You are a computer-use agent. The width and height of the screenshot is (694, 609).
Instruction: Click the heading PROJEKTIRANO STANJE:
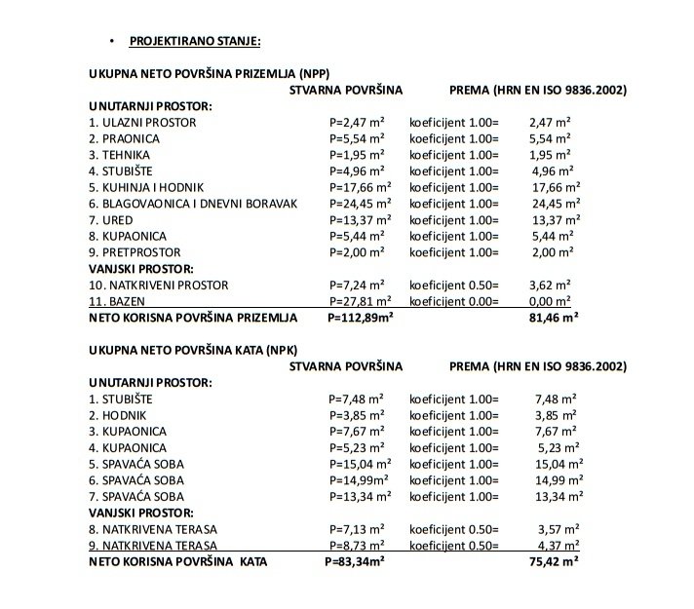point(195,41)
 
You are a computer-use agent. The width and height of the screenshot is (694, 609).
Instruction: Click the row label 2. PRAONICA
point(124,139)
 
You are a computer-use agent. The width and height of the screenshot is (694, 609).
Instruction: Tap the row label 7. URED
point(110,220)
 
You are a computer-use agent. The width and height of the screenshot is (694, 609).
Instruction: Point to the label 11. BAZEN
point(116,301)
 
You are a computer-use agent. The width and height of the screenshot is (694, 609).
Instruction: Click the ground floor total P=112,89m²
point(360,318)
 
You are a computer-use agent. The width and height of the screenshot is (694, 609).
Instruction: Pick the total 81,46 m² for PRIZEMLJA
point(553,318)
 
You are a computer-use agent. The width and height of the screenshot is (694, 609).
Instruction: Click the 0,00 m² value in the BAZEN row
point(552,301)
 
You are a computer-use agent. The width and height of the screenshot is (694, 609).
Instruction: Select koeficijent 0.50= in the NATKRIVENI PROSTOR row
point(453,285)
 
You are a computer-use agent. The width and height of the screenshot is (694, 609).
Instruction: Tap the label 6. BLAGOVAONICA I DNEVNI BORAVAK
point(192,204)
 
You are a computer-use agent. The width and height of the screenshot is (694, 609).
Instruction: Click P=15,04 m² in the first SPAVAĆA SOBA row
point(360,464)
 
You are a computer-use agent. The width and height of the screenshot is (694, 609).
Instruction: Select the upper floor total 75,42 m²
point(553,561)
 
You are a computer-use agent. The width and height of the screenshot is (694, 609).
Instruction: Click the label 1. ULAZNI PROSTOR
point(142,123)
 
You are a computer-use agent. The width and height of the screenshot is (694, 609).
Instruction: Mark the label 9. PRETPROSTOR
point(133,252)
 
